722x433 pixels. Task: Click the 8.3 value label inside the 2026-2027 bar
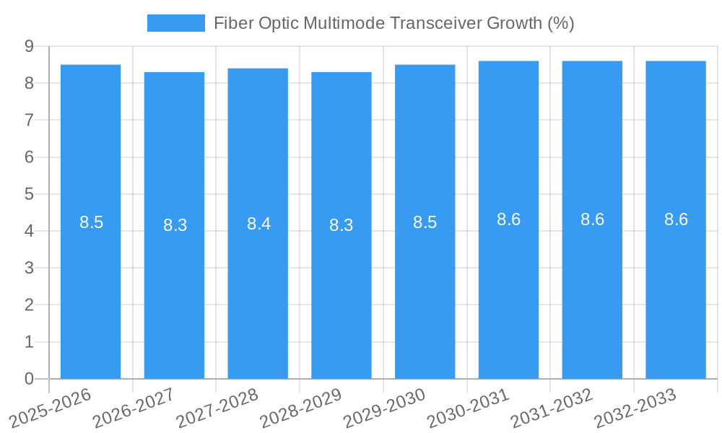(175, 225)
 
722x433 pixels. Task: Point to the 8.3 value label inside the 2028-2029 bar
(341, 225)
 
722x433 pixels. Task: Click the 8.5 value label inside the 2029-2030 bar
(425, 222)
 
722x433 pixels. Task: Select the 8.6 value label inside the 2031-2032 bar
(592, 220)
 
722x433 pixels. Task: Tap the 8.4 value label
(258, 224)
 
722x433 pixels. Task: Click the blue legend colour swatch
(175, 23)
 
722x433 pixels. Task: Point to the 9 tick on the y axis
(29, 46)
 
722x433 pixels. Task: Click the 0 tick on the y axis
(29, 379)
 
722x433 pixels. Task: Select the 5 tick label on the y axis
(29, 194)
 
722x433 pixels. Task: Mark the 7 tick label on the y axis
(29, 120)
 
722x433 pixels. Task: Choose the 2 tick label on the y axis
(29, 305)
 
